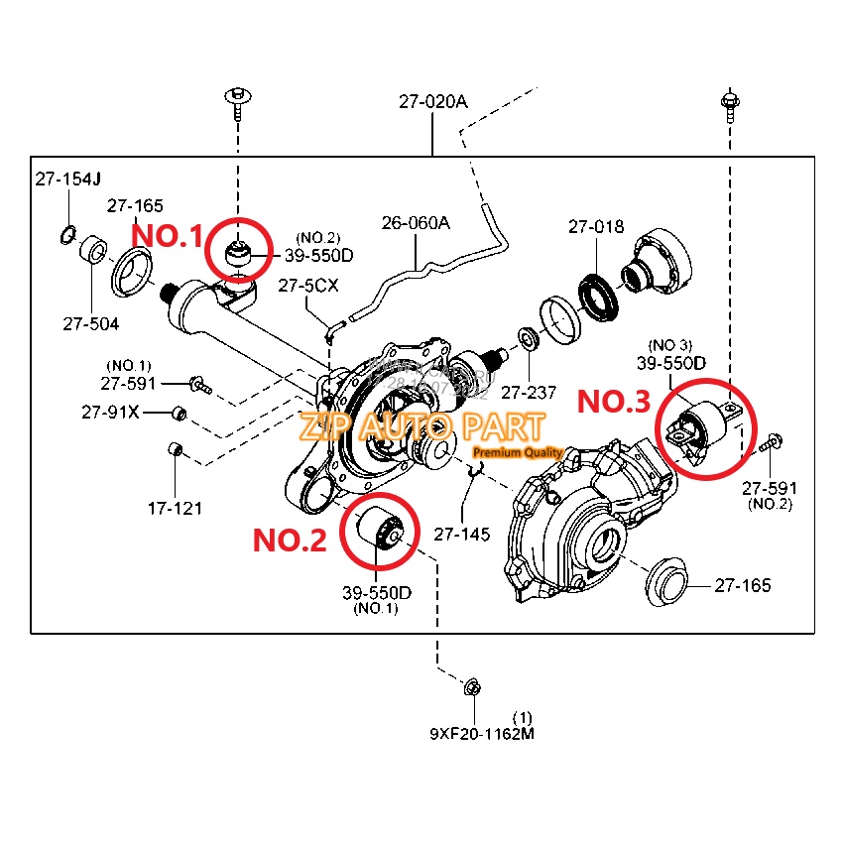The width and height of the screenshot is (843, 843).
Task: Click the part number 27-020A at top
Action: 432,101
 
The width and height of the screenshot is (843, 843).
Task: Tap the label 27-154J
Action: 68,180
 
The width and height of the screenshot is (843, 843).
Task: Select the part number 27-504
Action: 91,323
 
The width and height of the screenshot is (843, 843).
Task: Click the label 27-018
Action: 596,227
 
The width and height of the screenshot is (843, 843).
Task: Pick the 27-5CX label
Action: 308,286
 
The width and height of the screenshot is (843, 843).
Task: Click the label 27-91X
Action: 110,412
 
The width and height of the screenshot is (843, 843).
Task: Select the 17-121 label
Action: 175,509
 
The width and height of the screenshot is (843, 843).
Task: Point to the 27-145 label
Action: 462,534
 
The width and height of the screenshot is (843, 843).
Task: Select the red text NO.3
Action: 614,402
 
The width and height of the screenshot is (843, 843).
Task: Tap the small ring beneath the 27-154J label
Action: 67,234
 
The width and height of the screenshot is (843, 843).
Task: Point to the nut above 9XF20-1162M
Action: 473,686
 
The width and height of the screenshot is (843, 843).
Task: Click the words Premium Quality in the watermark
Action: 518,452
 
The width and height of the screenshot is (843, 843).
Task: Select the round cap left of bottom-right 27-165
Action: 665,582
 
